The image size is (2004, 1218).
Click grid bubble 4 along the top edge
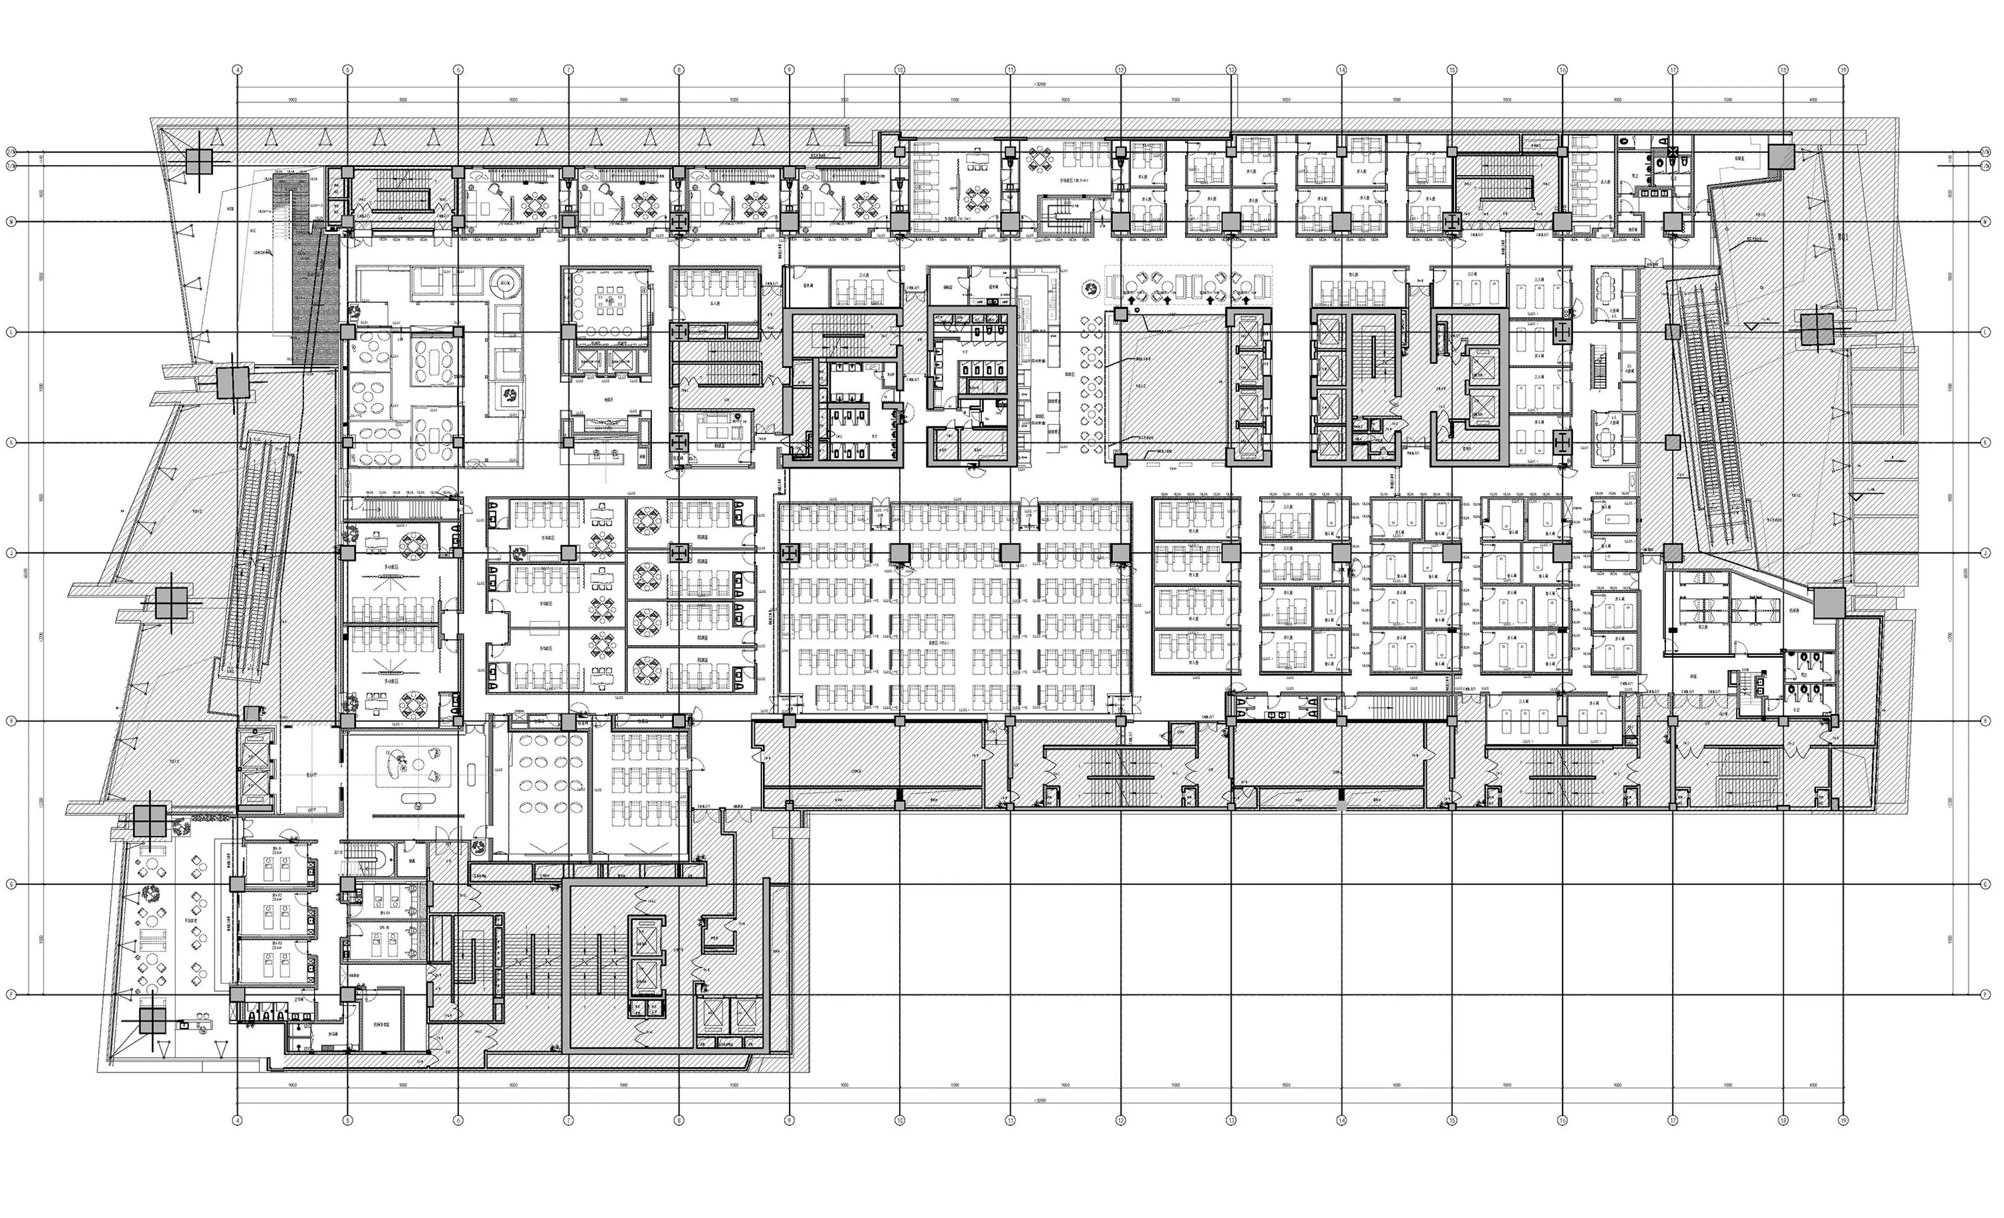pyautogui.click(x=237, y=70)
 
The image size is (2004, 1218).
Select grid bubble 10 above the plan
pyautogui.click(x=900, y=70)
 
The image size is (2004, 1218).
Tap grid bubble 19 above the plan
pyautogui.click(x=1843, y=70)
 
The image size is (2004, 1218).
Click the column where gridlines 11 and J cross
pyautogui.click(x=1010, y=553)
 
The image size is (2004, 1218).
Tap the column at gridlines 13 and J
pyautogui.click(x=1231, y=553)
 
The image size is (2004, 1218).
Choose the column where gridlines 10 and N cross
pyautogui.click(x=900, y=222)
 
